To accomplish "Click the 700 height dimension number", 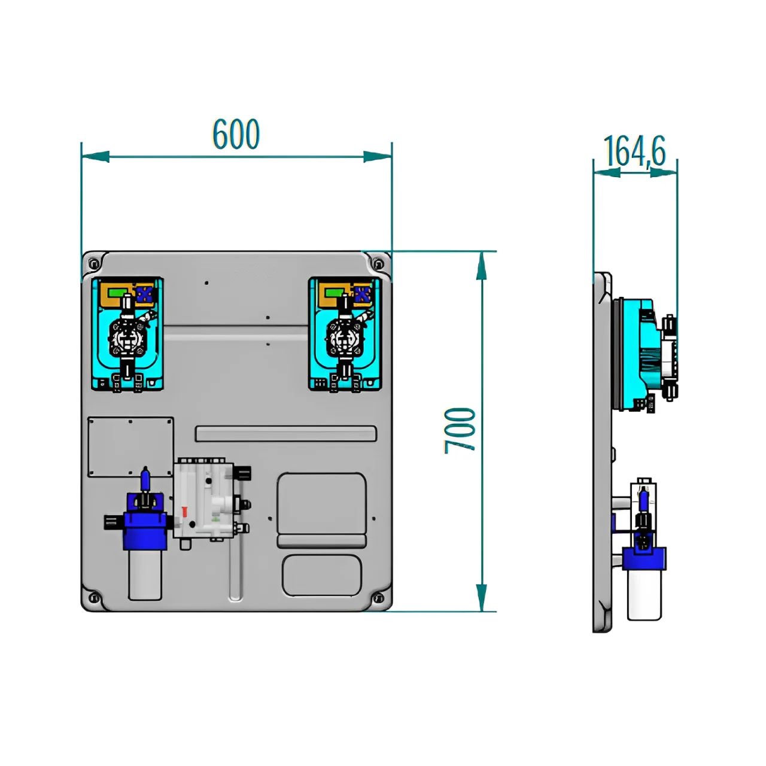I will tap(460, 430).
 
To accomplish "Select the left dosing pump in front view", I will tap(127, 334).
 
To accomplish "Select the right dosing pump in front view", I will tap(344, 334).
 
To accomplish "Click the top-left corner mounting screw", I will tap(94, 263).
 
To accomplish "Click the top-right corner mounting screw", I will tap(378, 263).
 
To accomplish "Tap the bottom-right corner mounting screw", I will tap(378, 597).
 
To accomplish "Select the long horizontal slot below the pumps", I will tap(286, 434).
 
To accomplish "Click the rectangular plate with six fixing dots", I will tap(130, 447).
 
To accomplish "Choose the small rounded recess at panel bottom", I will tap(321, 575).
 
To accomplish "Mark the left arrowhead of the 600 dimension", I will tap(95, 157).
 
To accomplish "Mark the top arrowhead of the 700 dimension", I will tap(481, 266).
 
